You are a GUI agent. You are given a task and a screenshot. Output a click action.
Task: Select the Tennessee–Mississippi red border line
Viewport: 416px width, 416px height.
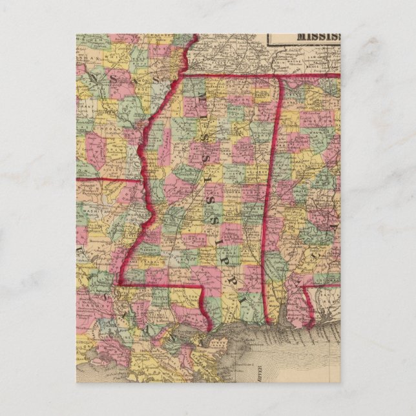pos(226,76)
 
